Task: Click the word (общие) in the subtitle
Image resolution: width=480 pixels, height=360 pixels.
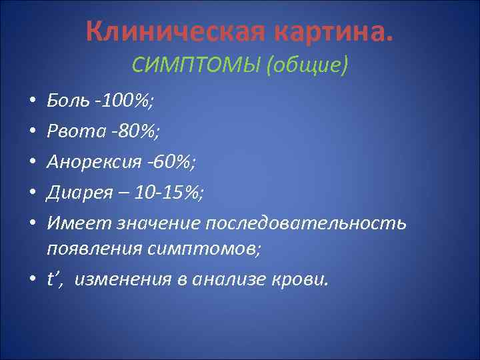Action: pos(306,66)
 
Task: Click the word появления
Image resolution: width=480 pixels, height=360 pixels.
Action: pos(90,249)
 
